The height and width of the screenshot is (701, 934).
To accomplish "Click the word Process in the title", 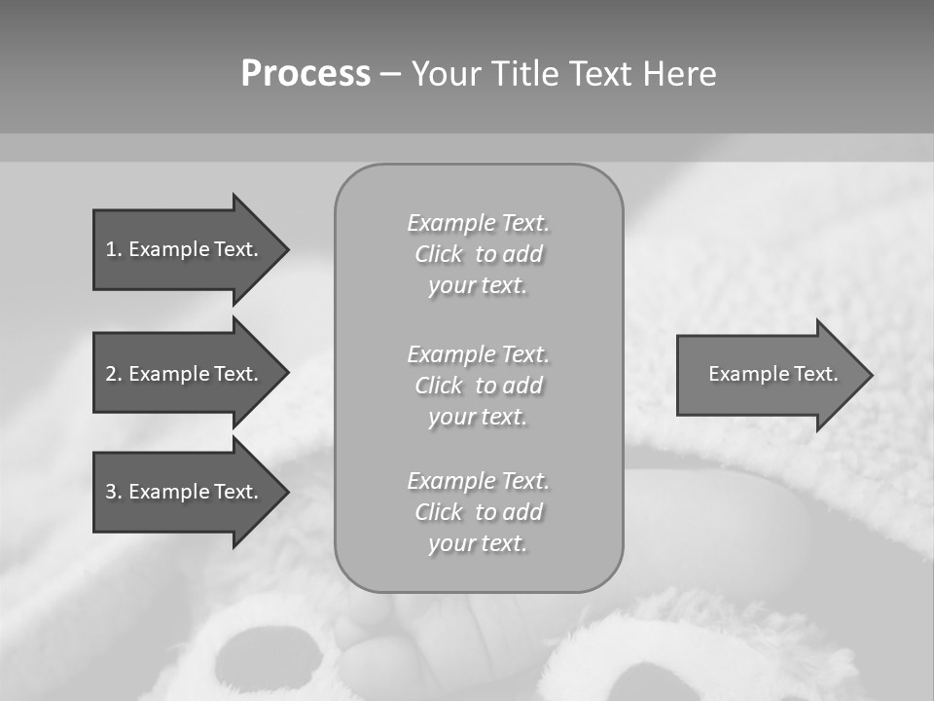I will pos(305,74).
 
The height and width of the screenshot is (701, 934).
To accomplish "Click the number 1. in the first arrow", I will pos(114,249).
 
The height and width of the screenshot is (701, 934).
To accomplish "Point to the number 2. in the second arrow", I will pos(114,374).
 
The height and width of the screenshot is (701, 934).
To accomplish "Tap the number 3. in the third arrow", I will pos(114,492).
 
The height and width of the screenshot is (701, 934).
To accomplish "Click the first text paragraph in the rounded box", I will pos(479,254).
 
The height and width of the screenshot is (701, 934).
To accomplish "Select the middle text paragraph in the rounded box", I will pos(479,386).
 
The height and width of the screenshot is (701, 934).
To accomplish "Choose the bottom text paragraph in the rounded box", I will pos(479,512).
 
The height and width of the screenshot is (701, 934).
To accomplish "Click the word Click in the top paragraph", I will pos(439,254).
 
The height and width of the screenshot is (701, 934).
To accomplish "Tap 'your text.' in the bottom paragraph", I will pos(478,543).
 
